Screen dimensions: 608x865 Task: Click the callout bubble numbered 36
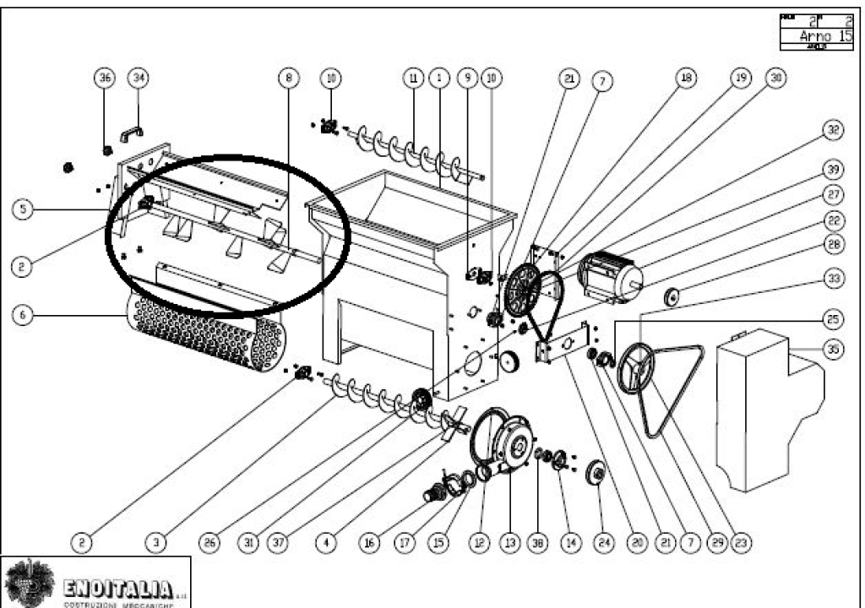click(x=106, y=78)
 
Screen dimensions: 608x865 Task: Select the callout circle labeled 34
click(x=138, y=78)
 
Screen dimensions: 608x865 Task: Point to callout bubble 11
click(x=413, y=78)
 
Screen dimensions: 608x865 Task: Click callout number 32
click(x=834, y=130)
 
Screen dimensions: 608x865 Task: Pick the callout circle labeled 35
click(x=834, y=349)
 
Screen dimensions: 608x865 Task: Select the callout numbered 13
click(x=509, y=544)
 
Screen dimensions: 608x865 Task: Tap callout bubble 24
click(x=601, y=544)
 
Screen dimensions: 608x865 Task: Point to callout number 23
click(x=743, y=544)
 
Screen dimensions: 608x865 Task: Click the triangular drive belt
click(x=672, y=388)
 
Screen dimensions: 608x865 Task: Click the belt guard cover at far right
click(x=764, y=405)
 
